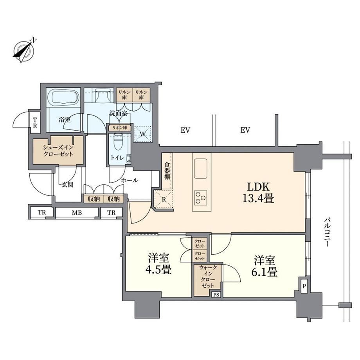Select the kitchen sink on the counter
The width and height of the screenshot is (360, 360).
tap(200, 169)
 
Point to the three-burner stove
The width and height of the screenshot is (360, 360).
tap(200, 198)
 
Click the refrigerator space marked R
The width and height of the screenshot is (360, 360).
tap(164, 200)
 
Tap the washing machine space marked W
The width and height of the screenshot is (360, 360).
tap(142, 134)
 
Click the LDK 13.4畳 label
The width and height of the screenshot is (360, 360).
tap(258, 193)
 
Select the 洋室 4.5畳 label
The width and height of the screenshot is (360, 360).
tap(158, 264)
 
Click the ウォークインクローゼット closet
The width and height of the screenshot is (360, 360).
tap(207, 280)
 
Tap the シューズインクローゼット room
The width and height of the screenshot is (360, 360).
tap(58, 150)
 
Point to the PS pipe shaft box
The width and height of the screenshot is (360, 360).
tap(216, 295)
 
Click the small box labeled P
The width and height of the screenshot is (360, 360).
tap(304, 286)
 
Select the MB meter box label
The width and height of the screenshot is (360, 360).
tap(77, 213)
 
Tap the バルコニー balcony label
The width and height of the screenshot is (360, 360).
tap(327, 232)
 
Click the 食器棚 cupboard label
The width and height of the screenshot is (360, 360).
tap(167, 171)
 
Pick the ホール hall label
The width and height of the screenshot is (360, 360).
tap(130, 180)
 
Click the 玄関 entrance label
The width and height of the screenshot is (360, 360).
tap(67, 185)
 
